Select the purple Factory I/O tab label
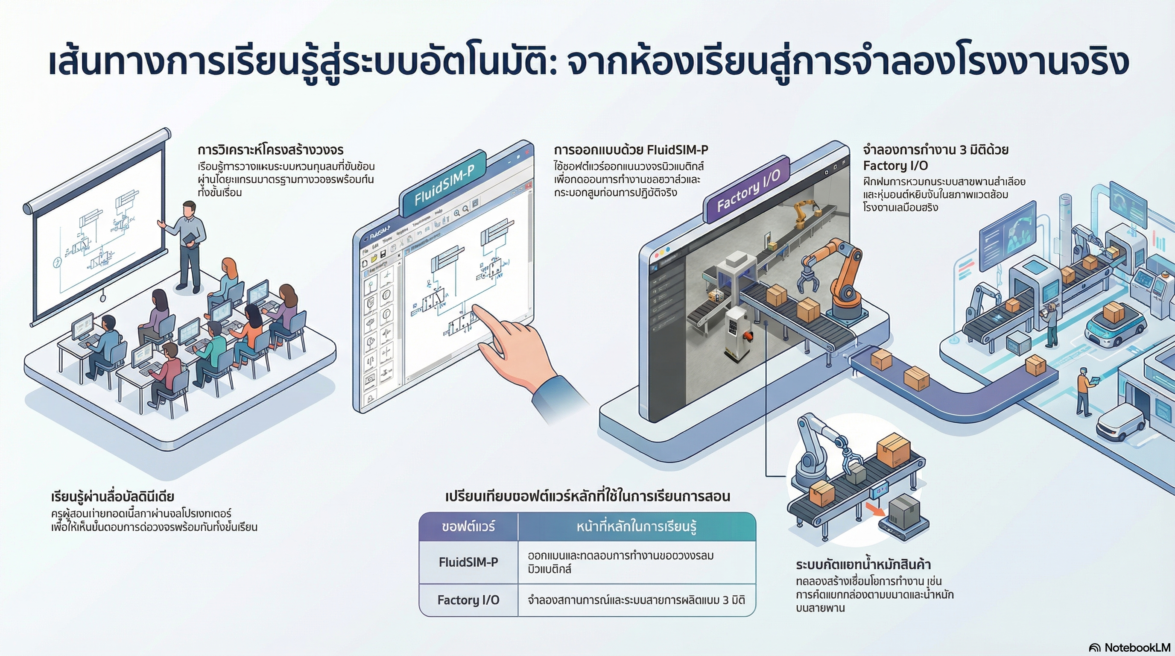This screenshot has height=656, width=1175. (748, 191)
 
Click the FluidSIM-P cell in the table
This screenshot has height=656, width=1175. (468, 562)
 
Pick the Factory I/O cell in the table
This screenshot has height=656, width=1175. (468, 600)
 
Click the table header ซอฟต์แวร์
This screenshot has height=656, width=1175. (468, 527)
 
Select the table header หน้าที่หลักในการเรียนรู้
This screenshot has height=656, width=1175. (636, 527)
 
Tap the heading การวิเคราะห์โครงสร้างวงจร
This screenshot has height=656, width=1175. (271, 150)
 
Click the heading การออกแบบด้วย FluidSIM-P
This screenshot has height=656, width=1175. (631, 150)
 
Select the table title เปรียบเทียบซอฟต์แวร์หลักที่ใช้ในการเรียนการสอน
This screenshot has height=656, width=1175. (587, 496)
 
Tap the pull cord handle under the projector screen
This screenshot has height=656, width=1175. (102, 297)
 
